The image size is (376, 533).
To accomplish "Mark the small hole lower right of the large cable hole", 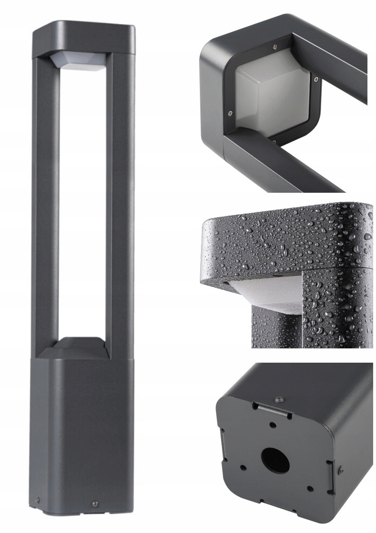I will pyautogui.click(x=310, y=488).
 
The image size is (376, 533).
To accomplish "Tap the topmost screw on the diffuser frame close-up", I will pyautogui.click(x=276, y=46).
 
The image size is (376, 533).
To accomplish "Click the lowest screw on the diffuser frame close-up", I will pyautogui.click(x=274, y=142).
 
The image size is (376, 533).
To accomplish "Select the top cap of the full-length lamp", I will pyautogui.click(x=84, y=39).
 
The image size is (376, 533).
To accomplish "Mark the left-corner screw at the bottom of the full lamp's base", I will pyautogui.click(x=38, y=499).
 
